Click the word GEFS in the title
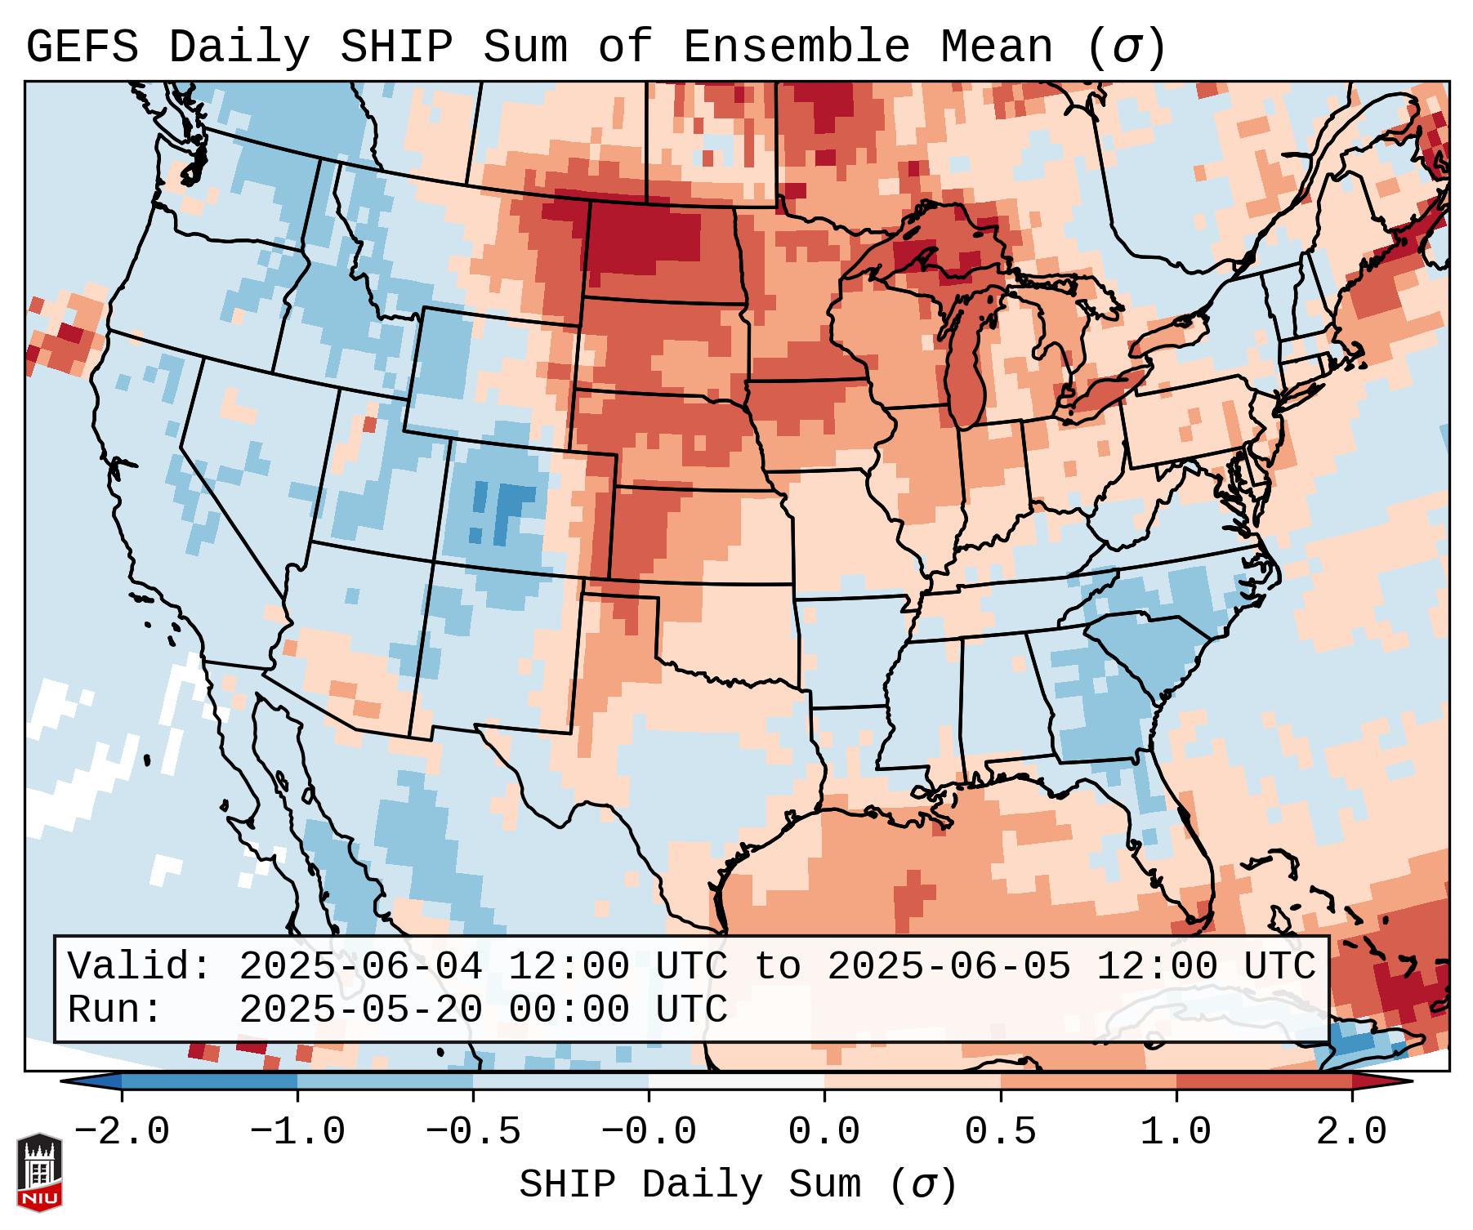pos(82,47)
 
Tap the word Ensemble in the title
pos(796,47)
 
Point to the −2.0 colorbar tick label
pos(122,1132)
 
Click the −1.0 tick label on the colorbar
pos(297,1132)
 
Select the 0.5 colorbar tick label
pos(1000,1132)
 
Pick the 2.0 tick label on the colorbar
pos(1352,1132)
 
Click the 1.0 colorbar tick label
pos(1176,1132)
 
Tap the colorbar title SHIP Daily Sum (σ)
pos(737,1185)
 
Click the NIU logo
pos(39,1172)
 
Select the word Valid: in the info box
pos(140,966)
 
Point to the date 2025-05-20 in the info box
pos(360,1009)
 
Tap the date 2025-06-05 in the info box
pos(949,966)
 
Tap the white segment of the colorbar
pos(736,1081)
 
